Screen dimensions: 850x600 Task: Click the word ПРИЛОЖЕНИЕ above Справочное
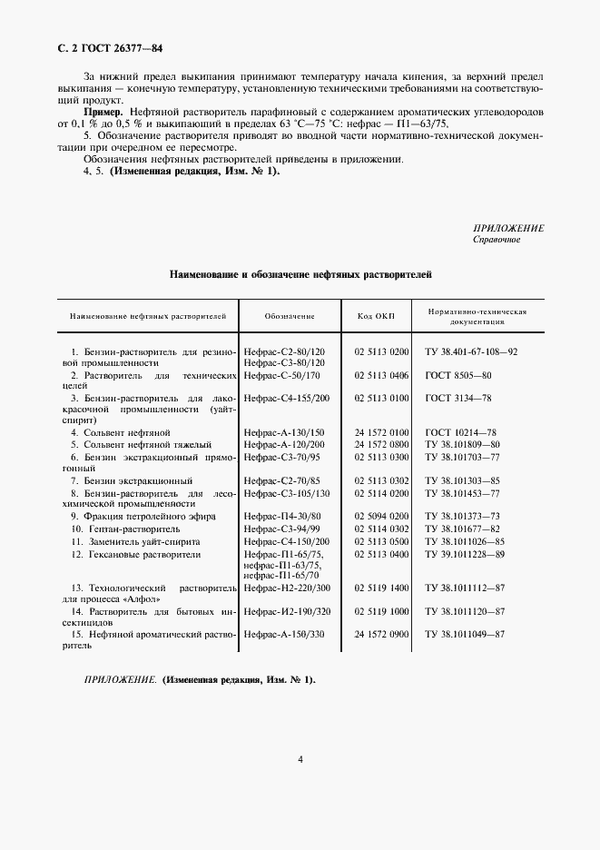pos(508,228)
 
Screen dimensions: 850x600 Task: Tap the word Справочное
pos(498,241)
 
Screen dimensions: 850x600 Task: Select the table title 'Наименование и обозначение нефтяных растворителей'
pos(300,272)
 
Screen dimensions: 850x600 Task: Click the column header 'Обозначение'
pos(290,317)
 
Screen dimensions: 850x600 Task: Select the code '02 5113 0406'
pos(381,374)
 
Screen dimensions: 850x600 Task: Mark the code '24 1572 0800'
pos(381,445)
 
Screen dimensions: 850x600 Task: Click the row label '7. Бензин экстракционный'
pos(132,480)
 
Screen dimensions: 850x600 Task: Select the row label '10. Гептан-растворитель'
pos(126,528)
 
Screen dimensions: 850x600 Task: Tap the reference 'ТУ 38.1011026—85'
pos(465,539)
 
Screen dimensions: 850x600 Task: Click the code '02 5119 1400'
pos(381,588)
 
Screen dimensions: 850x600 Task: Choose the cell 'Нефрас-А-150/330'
pos(286,636)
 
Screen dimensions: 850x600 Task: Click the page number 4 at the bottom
pos(300,760)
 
